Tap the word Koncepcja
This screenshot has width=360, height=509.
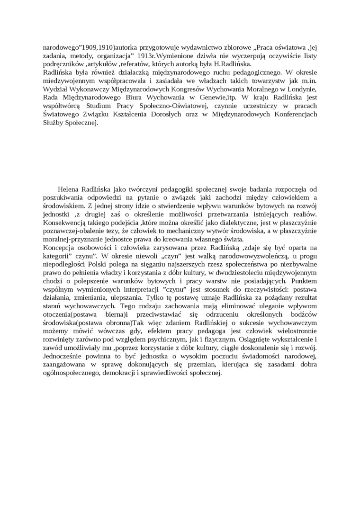[60, 247]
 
